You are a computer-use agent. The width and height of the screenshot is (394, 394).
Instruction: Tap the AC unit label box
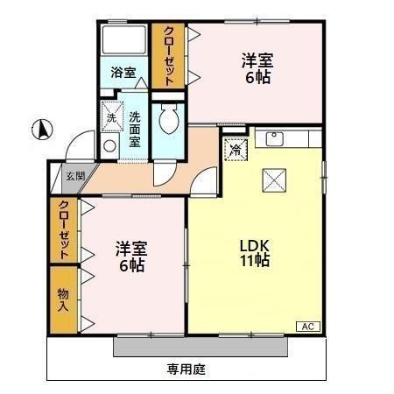308,327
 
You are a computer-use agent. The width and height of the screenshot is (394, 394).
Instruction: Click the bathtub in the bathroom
123,43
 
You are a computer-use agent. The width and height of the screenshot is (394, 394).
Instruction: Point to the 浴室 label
123,74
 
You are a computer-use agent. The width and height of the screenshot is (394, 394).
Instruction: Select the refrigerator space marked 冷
235,149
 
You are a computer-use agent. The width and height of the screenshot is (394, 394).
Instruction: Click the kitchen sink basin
272,138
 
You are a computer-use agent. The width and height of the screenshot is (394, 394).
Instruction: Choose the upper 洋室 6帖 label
257,68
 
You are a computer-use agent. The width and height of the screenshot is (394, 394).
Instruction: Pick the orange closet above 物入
63,229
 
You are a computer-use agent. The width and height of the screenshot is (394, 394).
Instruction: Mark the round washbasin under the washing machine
109,145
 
